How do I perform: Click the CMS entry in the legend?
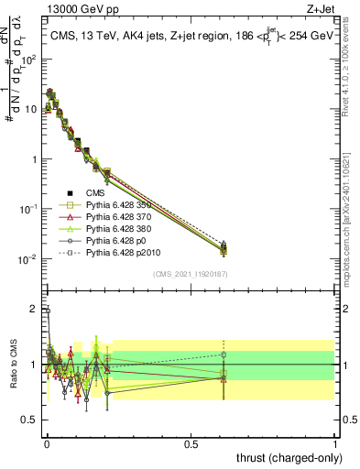pyautogui.click(x=97, y=193)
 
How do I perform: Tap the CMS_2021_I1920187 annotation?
pyautogui.click(x=191, y=274)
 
